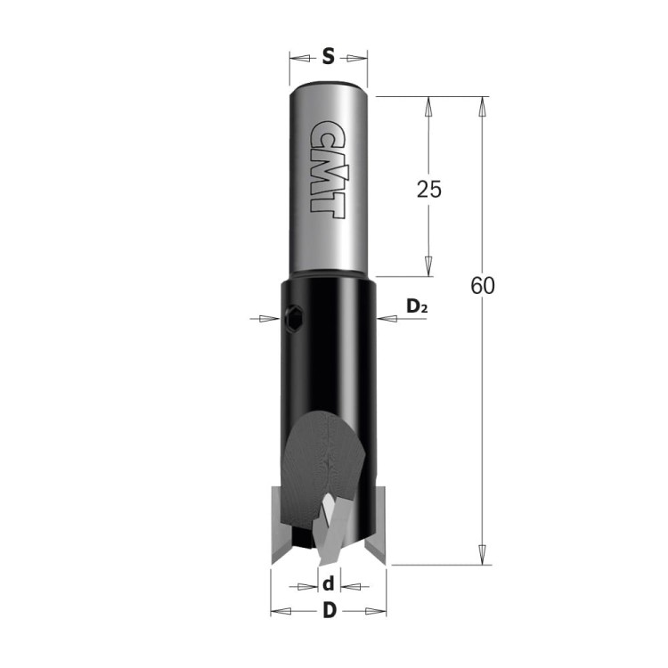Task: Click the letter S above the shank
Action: (328, 58)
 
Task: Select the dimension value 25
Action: (429, 189)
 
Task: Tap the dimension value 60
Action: (483, 287)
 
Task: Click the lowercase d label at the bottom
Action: (329, 584)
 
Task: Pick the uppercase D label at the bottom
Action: (329, 611)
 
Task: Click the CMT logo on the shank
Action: (327, 167)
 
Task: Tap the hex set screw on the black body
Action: (294, 316)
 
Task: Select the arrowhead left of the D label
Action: (281, 611)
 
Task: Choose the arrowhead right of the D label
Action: (378, 611)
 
